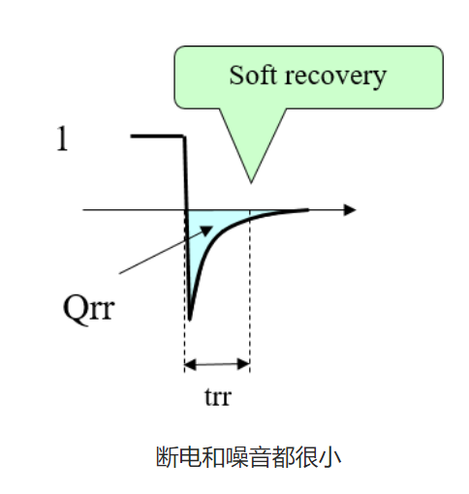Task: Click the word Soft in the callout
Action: click(253, 75)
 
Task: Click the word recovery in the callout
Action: click(335, 77)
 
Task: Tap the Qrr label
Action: click(89, 309)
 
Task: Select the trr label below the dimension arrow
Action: click(218, 397)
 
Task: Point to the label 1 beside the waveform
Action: click(62, 139)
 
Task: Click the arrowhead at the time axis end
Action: click(350, 210)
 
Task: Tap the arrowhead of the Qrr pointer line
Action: click(206, 230)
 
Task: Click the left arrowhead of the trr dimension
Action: click(190, 364)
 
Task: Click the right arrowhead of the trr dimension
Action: click(244, 364)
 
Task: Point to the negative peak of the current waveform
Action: click(190, 319)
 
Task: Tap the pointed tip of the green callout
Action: click(251, 183)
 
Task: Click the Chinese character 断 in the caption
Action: click(167, 457)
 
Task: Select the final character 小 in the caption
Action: click(329, 457)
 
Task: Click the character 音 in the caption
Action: click(260, 457)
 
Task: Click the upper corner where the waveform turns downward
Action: click(184, 137)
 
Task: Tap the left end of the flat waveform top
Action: click(132, 137)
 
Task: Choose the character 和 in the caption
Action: click(213, 457)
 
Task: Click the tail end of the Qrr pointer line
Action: click(119, 273)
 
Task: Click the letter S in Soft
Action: click(235, 76)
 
